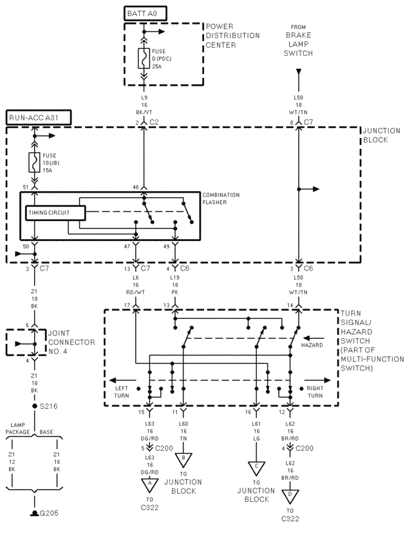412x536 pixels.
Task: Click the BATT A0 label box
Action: (144, 13)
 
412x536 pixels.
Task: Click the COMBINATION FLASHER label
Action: (221, 198)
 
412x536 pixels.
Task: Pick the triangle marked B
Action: (183, 458)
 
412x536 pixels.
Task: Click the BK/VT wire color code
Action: (144, 111)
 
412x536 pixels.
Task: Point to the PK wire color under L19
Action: (174, 290)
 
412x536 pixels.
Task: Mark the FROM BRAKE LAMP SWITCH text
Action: (298, 41)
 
